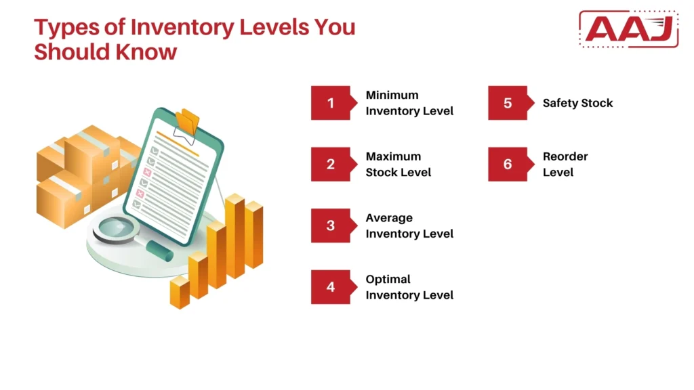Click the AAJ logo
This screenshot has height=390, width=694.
pyautogui.click(x=628, y=29)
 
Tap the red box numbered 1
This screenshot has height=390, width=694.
pyautogui.click(x=331, y=103)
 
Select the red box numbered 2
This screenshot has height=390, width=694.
pyautogui.click(x=331, y=165)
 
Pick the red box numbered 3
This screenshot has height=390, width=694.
pyautogui.click(x=331, y=225)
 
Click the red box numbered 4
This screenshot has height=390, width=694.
pyautogui.click(x=331, y=287)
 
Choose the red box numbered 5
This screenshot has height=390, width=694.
pyautogui.click(x=508, y=103)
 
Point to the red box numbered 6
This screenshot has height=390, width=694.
pyautogui.click(x=508, y=165)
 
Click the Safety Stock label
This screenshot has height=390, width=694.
pyautogui.click(x=577, y=103)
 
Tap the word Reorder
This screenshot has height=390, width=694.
pyautogui.click(x=565, y=156)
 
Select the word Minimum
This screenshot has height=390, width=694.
pyautogui.click(x=392, y=95)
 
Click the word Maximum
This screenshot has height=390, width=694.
pyautogui.click(x=393, y=156)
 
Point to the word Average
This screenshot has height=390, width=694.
pyautogui.click(x=389, y=218)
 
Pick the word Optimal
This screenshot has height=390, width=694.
pyautogui.click(x=388, y=279)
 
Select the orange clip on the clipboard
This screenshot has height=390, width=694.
pyautogui.click(x=188, y=122)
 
